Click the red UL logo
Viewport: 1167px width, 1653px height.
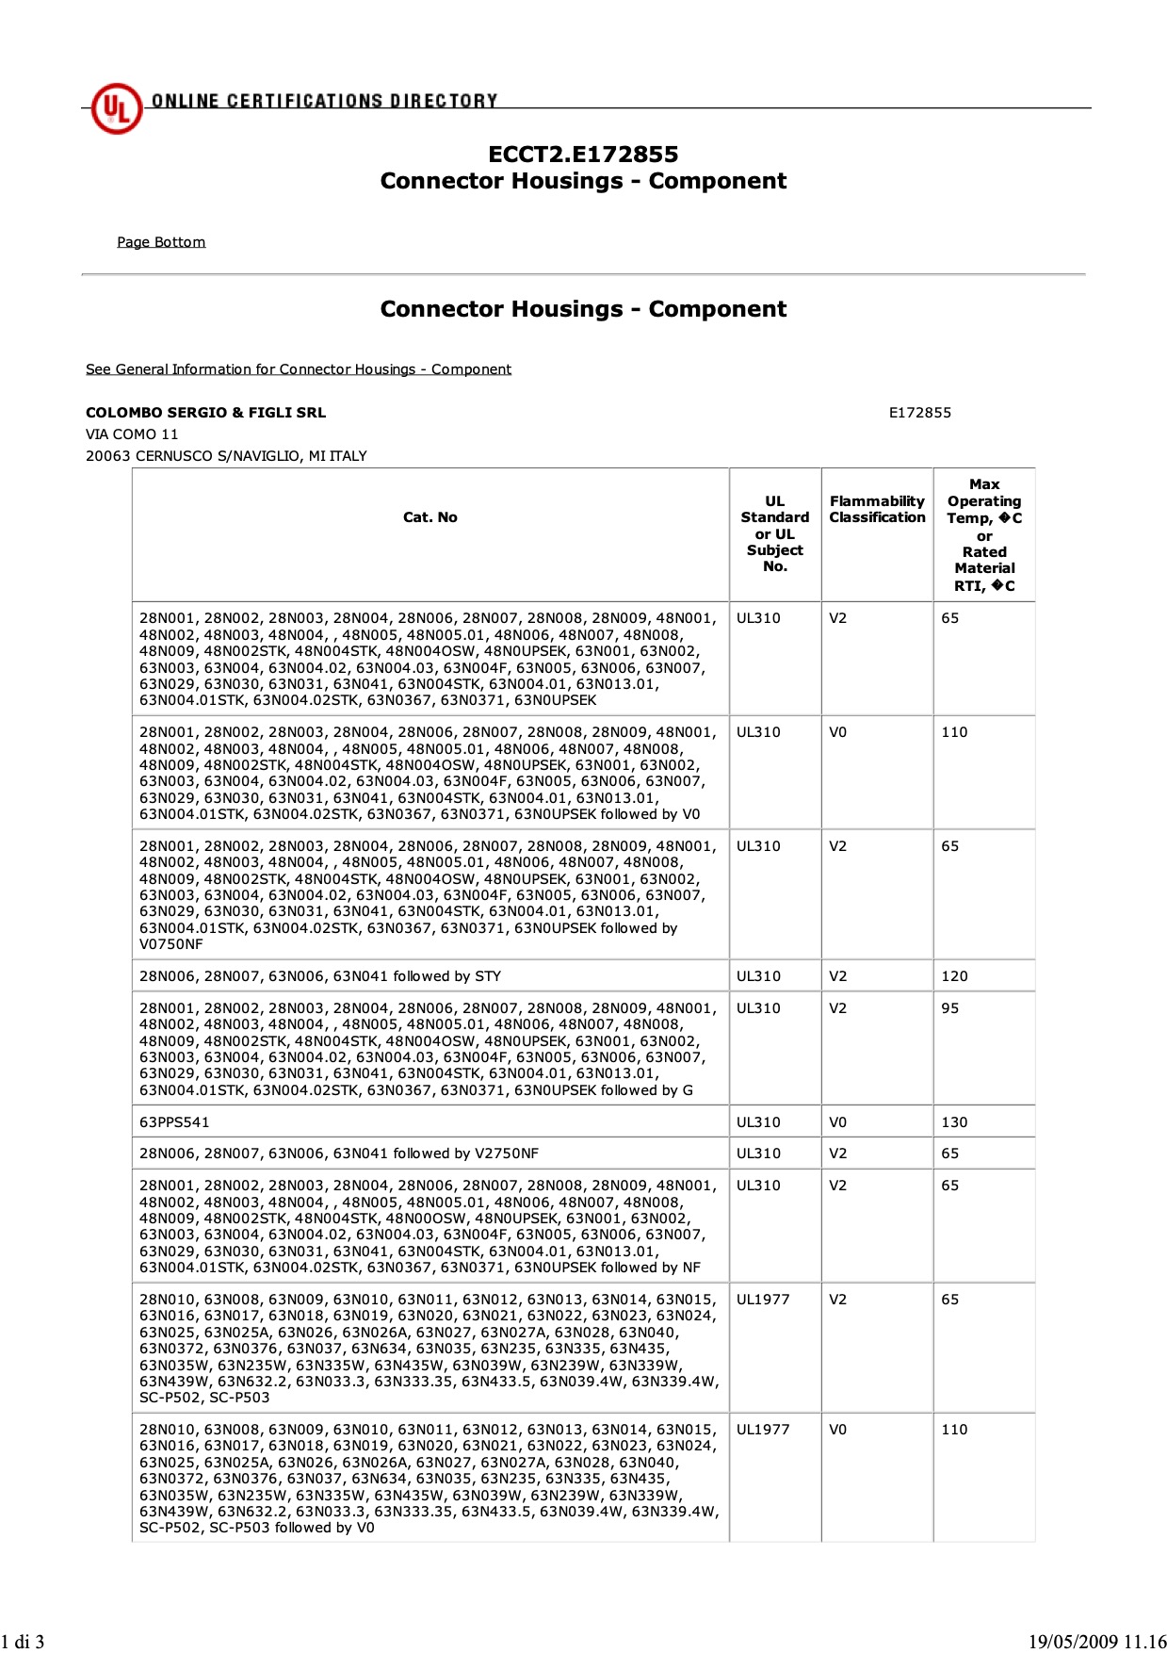click(116, 108)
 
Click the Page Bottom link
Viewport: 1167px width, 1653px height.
click(161, 242)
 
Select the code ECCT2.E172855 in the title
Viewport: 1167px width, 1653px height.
click(583, 155)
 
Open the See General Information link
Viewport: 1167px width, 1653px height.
click(298, 369)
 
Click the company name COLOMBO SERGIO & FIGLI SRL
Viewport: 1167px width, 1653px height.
click(205, 413)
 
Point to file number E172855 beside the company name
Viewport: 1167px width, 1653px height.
click(919, 413)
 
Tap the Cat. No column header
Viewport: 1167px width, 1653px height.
click(430, 517)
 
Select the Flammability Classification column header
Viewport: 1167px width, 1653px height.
click(877, 510)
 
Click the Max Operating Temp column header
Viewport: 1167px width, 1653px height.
click(984, 534)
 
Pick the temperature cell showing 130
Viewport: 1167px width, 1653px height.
click(954, 1122)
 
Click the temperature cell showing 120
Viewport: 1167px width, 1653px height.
click(954, 976)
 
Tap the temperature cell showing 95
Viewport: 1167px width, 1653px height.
click(950, 1008)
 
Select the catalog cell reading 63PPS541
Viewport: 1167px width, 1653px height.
click(174, 1122)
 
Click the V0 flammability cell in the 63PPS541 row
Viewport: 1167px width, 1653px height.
click(837, 1122)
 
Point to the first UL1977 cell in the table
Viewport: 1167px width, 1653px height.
click(762, 1300)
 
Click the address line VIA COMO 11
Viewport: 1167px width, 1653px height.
click(132, 434)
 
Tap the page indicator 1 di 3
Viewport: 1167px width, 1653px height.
click(23, 1642)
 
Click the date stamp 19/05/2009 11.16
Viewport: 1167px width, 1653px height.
click(1096, 1642)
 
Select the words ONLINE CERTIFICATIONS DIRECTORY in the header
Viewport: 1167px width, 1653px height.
click(324, 101)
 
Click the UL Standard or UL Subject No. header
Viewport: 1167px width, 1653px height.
click(774, 534)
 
